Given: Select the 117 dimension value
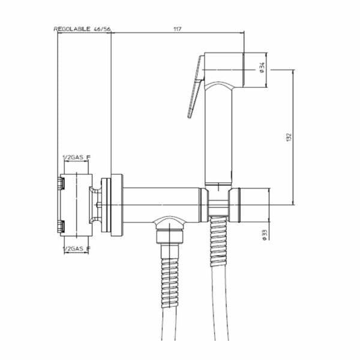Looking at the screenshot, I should click(x=178, y=29).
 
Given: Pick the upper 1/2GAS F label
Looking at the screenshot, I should click(x=77, y=158).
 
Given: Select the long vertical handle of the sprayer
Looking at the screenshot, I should click(x=217, y=132).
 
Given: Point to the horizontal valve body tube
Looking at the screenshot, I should click(x=162, y=203).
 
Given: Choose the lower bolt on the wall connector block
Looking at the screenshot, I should click(x=59, y=226).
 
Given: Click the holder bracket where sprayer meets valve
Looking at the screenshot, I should click(x=217, y=201).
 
